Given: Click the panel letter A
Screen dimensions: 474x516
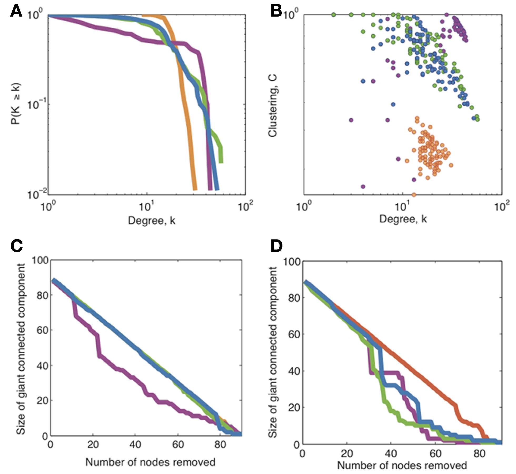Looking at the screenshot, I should [x=16, y=12].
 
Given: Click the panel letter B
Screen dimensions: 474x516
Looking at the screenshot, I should [x=276, y=12].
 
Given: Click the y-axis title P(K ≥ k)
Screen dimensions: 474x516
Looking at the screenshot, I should [x=16, y=104].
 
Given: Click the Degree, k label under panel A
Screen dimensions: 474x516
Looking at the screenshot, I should [x=151, y=220].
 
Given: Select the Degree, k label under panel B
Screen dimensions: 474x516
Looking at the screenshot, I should [x=403, y=219].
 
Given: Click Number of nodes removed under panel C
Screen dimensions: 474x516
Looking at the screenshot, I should [x=150, y=462].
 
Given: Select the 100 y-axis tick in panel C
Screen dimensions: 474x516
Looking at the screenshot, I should [x=40, y=261].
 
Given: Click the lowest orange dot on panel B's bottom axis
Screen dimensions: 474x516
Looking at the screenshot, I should [x=414, y=195].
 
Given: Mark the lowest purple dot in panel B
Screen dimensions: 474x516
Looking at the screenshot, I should [x=363, y=187].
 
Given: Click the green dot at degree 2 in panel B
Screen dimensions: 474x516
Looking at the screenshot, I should [x=334, y=15].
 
